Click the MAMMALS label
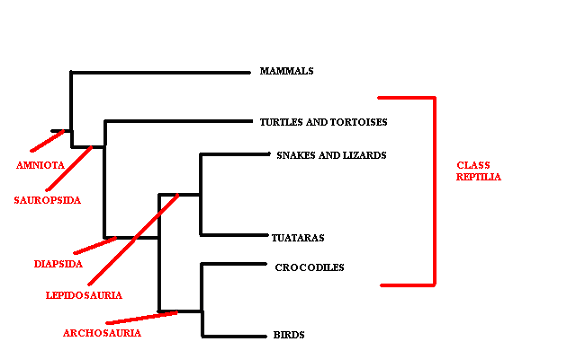[x=287, y=71]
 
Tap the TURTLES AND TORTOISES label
[x=323, y=122]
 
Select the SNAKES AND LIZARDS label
[x=331, y=155]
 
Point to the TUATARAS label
[x=298, y=238]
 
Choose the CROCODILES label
[x=309, y=267]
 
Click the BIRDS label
[x=289, y=335]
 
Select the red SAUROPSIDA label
[x=47, y=200]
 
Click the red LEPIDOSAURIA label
[x=84, y=295]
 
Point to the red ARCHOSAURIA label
[x=101, y=333]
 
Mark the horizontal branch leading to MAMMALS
[x=160, y=71]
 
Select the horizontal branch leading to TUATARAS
[x=236, y=235]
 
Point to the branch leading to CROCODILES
[x=236, y=265]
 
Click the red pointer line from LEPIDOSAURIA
[x=130, y=241]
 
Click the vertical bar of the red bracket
[x=435, y=190]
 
